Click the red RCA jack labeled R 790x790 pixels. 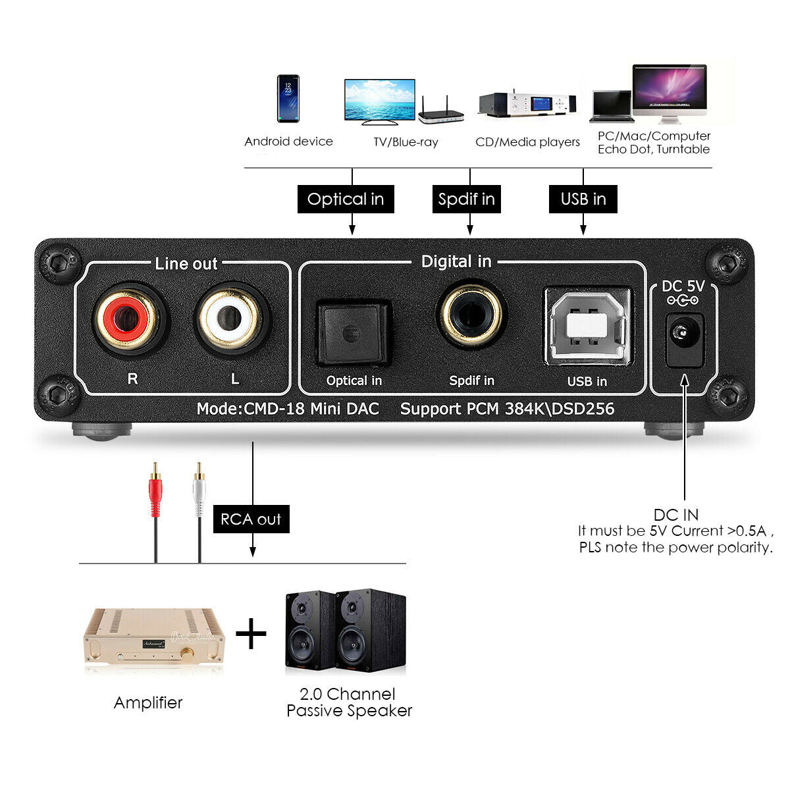(x=126, y=319)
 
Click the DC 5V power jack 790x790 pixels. (x=684, y=340)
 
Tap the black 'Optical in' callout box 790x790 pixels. (x=346, y=199)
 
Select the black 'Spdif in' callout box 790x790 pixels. (x=467, y=199)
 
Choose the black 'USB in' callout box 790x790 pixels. (x=583, y=199)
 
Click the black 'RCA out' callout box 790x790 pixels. (x=251, y=519)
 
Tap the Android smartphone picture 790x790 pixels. (x=288, y=98)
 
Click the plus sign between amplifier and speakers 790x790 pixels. (x=251, y=633)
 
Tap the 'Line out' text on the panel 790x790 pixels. (x=186, y=263)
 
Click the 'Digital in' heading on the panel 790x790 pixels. (x=456, y=261)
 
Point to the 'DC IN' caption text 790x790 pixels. (x=675, y=515)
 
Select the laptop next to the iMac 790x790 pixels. (x=612, y=107)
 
